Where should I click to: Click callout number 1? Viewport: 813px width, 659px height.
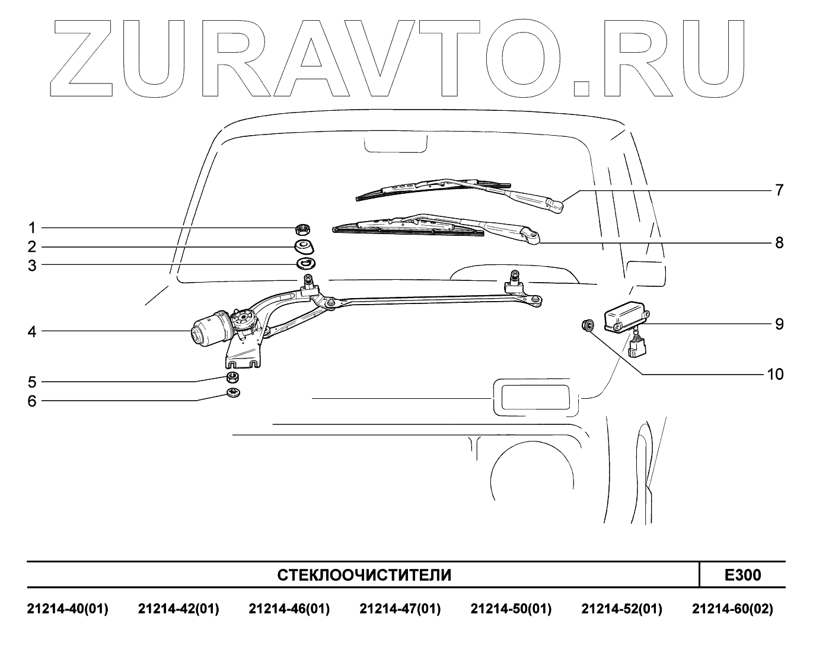[x=32, y=228]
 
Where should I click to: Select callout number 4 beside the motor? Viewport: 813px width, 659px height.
[x=32, y=332]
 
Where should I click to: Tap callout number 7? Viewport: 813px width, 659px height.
[x=779, y=190]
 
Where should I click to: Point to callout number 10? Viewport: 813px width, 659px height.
[x=775, y=375]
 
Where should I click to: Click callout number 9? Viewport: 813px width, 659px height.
[x=779, y=324]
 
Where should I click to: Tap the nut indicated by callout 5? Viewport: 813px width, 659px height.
[x=233, y=378]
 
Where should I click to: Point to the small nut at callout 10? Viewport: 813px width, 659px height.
[x=588, y=325]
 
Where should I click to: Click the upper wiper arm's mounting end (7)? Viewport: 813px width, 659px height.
[x=556, y=205]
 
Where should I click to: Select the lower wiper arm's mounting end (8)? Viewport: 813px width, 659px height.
[x=533, y=239]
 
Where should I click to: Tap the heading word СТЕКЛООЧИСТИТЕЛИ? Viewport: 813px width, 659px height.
[x=364, y=575]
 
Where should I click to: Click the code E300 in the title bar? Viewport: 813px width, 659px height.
[x=742, y=575]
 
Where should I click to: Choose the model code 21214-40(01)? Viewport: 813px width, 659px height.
[x=68, y=609]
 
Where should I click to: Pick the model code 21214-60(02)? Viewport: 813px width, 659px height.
[x=732, y=609]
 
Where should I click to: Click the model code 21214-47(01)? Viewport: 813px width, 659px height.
[x=400, y=609]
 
